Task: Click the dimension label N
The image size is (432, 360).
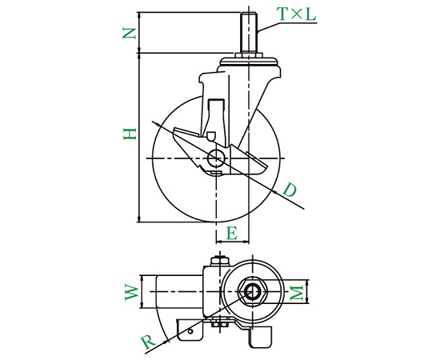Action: (130, 34)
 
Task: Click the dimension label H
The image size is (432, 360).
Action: (130, 134)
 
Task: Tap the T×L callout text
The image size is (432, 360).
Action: (297, 14)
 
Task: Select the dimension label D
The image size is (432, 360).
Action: (290, 190)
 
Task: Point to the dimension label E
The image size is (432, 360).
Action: (232, 233)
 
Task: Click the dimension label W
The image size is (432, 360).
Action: (131, 293)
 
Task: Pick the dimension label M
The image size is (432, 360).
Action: (298, 293)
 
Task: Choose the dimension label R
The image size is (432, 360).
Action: (148, 342)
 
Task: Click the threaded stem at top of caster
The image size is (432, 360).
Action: (249, 34)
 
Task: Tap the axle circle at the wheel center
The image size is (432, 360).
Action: (217, 158)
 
